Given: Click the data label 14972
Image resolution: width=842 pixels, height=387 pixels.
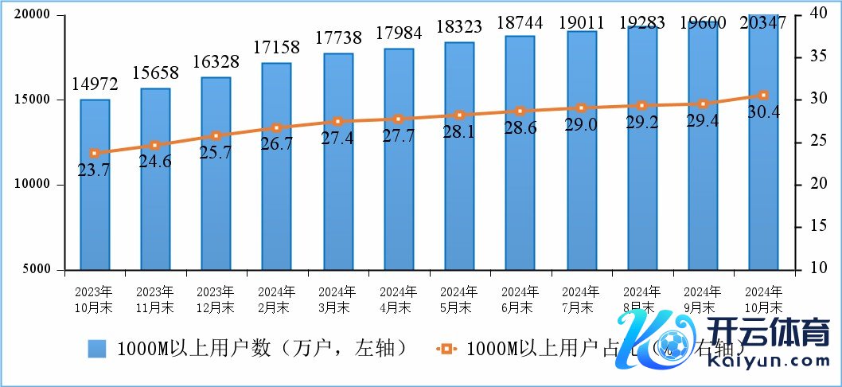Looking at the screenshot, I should pyautogui.click(x=95, y=82).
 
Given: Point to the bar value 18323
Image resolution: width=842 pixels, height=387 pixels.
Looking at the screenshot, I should pyautogui.click(x=459, y=25).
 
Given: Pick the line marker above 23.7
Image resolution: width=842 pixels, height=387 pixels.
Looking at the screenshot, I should pyautogui.click(x=95, y=153).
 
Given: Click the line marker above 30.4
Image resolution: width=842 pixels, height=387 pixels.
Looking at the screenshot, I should pyautogui.click(x=763, y=96).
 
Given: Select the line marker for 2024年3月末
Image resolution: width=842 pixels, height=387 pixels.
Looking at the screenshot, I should pyautogui.click(x=337, y=121).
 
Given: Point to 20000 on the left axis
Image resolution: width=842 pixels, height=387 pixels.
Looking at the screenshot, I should pyautogui.click(x=34, y=15).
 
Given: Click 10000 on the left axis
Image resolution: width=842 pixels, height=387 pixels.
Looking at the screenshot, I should pyautogui.click(x=34, y=185).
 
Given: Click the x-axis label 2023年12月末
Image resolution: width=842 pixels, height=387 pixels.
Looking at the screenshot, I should pyautogui.click(x=215, y=299).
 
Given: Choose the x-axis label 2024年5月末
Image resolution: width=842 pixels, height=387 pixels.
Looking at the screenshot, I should pyautogui.click(x=458, y=299).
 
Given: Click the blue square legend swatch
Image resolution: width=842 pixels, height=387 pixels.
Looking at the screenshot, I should pyautogui.click(x=96, y=348).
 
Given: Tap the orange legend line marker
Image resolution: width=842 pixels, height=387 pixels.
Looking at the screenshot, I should pyautogui.click(x=446, y=348).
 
